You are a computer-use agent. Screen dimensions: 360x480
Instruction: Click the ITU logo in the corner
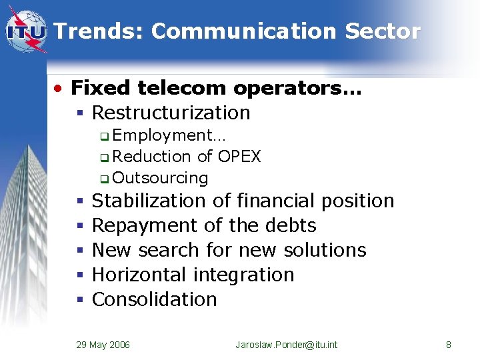26,31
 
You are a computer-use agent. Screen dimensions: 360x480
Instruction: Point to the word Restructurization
171,113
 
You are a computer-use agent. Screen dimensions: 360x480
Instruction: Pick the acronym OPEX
238,157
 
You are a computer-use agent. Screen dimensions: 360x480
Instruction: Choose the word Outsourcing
160,178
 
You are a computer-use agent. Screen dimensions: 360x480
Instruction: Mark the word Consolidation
154,299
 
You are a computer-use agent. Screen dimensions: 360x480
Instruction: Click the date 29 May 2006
103,345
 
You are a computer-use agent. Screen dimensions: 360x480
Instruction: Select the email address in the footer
286,345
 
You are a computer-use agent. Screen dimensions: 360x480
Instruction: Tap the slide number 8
448,345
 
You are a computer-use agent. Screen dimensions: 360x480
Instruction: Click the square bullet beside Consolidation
79,300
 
